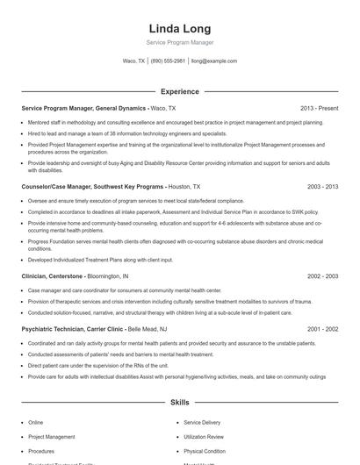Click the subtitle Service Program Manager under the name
point(179,42)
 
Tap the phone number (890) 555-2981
point(168,61)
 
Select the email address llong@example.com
point(214,61)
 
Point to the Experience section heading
point(179,91)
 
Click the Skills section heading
point(179,403)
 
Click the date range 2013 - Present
point(319,108)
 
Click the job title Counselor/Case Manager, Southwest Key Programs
point(92,187)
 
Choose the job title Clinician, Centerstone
point(58,276)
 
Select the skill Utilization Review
point(204,436)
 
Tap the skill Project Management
point(52,436)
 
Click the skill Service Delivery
point(203,422)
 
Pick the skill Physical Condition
point(204,450)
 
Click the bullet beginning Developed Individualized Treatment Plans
point(100,260)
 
